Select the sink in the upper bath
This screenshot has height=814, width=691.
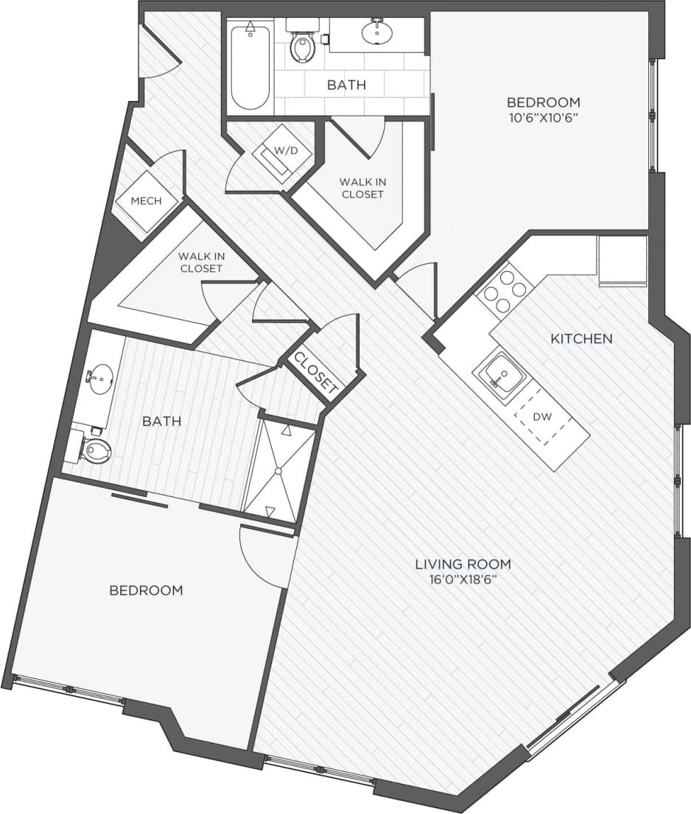(377, 32)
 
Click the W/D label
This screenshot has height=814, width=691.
(286, 150)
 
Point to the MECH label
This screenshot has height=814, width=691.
(145, 200)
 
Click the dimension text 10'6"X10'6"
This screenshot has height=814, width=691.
(543, 119)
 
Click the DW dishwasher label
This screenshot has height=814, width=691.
(543, 416)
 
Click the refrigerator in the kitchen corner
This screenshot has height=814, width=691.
(622, 259)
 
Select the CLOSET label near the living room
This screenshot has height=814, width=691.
(315, 372)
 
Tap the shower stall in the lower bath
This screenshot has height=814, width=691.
(280, 469)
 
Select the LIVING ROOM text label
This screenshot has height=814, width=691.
(463, 564)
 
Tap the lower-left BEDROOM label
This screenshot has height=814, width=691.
(146, 590)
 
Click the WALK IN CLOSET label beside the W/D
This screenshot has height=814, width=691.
(362, 188)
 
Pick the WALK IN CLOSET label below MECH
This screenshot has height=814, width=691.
(200, 262)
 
